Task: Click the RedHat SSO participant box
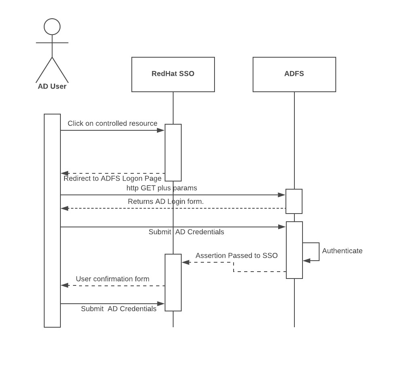173,74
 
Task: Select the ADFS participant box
294,74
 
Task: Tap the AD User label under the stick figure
52,86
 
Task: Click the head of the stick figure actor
52,27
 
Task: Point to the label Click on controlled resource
112,123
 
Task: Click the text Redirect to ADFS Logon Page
112,179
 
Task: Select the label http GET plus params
161,188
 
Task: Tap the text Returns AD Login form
165,201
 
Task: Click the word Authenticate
342,251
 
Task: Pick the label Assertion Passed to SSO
236,256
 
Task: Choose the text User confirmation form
112,279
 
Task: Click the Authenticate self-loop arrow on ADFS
319,252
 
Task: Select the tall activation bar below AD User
52,220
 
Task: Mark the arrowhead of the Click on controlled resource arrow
161,130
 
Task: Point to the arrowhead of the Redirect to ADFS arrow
64,173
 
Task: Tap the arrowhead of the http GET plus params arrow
281,195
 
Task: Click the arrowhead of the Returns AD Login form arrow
64,208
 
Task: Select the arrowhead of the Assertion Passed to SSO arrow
186,262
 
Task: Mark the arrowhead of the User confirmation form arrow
64,285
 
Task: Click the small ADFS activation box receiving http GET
294,201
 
